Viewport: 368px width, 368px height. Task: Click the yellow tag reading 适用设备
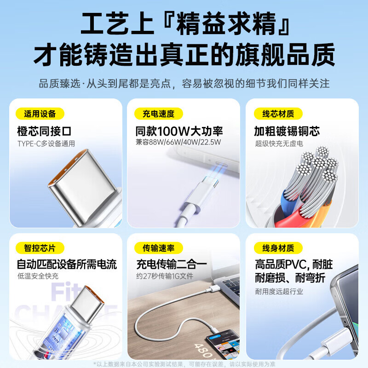point(40,114)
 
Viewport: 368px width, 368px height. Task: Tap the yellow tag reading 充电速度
point(158,114)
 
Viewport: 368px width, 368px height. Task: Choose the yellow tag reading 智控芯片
point(40,248)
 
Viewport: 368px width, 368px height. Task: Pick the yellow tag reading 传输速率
point(158,248)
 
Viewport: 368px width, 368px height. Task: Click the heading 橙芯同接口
point(44,131)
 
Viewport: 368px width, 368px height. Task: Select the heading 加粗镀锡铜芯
point(287,131)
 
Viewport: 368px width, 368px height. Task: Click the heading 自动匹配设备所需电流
point(67,264)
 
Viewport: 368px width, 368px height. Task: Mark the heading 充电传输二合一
point(171,264)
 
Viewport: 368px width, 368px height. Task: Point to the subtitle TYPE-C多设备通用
point(46,144)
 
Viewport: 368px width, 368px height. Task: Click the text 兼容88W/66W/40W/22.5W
point(178,143)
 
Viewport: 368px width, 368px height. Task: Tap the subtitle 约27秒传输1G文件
point(165,276)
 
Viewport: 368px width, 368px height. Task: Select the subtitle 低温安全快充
point(38,276)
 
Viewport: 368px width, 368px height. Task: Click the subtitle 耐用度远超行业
point(279,291)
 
